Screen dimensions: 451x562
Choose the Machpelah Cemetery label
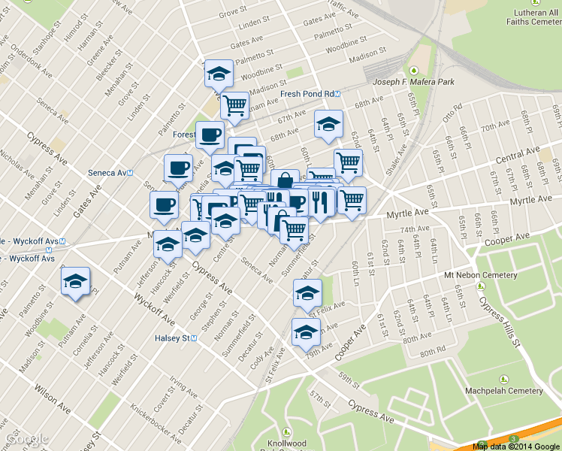(x=503, y=391)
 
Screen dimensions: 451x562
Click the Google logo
(x=25, y=439)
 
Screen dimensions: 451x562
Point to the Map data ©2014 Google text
(x=516, y=446)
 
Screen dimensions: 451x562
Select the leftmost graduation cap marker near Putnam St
(x=75, y=282)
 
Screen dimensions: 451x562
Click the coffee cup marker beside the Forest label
(x=210, y=136)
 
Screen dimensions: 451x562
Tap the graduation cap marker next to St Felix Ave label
(x=307, y=294)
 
